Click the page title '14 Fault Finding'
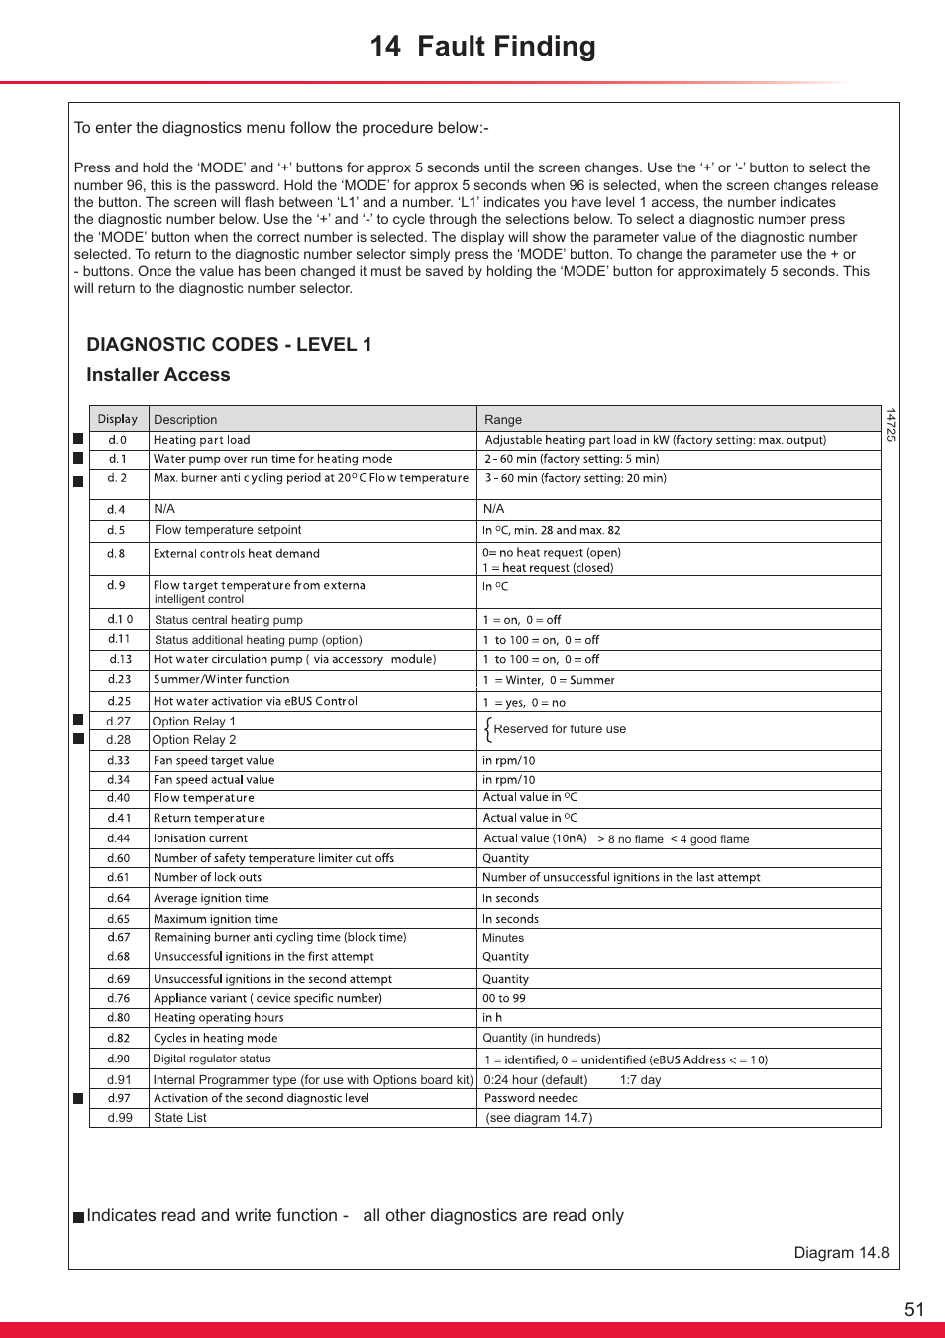[482, 47]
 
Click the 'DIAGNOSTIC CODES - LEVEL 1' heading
[229, 345]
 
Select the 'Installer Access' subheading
[157, 375]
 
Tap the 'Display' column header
[118, 419]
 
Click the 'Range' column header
[503, 420]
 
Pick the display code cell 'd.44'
[118, 838]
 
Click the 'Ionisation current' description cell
[200, 838]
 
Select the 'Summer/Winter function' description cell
[221, 680]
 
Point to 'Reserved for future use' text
[560, 729]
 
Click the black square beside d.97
[78, 1098]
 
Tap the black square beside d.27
[78, 721]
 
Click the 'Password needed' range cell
[531, 1098]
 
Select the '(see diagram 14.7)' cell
[539, 1118]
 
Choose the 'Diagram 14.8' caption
[841, 1253]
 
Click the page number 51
[913, 1309]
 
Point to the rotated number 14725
[891, 425]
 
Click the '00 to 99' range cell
[504, 999]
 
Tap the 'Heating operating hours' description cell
[218, 1018]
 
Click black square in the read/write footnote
[78, 1217]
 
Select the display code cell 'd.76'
[118, 999]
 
